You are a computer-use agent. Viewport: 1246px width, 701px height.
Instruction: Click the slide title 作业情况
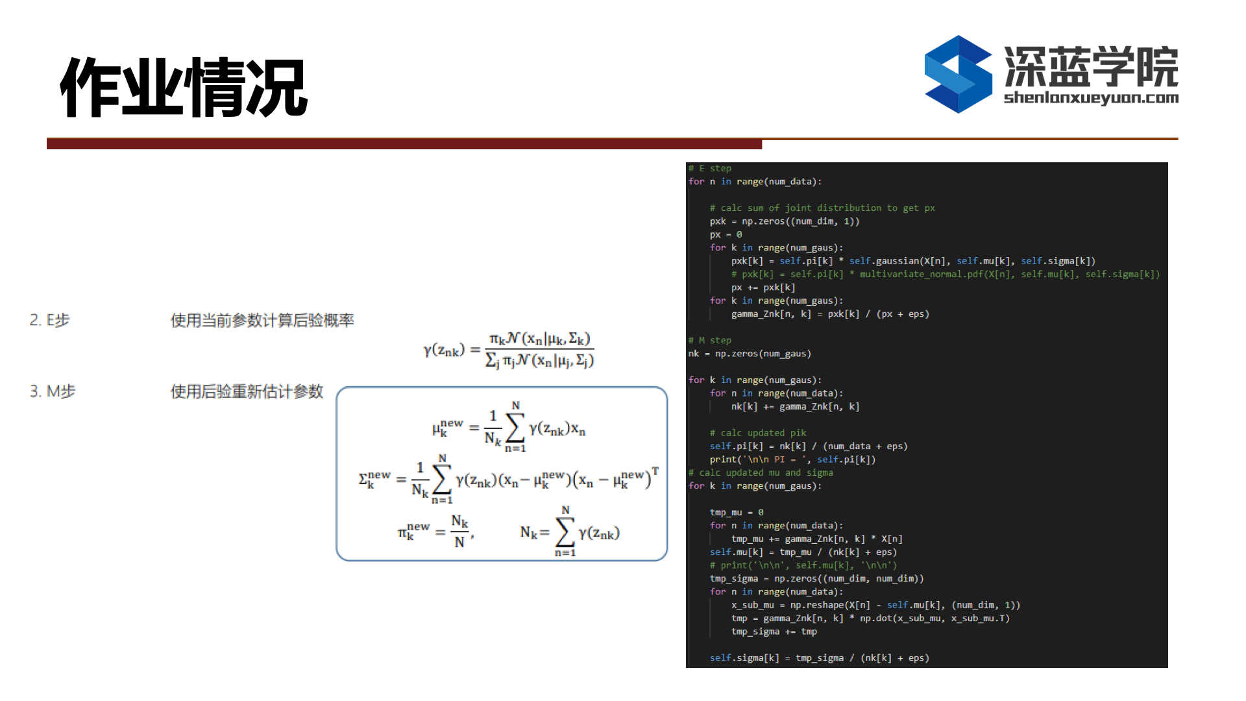(x=184, y=87)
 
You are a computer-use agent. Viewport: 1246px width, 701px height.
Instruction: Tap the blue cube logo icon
(x=958, y=74)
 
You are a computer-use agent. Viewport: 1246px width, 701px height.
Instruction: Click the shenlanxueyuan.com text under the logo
(x=1091, y=98)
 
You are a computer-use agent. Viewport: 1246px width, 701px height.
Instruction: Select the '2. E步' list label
(x=49, y=320)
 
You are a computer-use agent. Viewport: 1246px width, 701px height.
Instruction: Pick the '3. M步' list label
(x=53, y=391)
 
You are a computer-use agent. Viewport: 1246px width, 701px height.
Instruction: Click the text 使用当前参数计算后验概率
(x=262, y=320)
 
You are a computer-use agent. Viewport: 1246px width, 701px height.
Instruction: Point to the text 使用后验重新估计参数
(x=247, y=391)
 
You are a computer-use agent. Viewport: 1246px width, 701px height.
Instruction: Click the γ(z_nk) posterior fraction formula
(x=509, y=350)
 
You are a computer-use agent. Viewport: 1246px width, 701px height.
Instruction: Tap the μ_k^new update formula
(x=509, y=427)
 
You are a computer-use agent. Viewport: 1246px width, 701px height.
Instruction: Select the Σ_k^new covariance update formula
(x=509, y=479)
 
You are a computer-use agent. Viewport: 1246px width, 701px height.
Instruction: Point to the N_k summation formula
(x=570, y=532)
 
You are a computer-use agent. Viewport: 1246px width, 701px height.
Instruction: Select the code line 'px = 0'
(x=726, y=234)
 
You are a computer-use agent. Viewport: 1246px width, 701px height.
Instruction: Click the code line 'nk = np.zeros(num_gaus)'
(x=750, y=354)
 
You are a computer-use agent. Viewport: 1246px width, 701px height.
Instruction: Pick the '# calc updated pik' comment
(x=758, y=433)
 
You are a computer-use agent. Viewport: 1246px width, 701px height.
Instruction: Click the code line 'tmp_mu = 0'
(x=737, y=512)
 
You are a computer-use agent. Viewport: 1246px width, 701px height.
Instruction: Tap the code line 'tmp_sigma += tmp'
(x=774, y=632)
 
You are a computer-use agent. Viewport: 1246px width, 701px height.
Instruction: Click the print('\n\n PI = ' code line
(x=792, y=460)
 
